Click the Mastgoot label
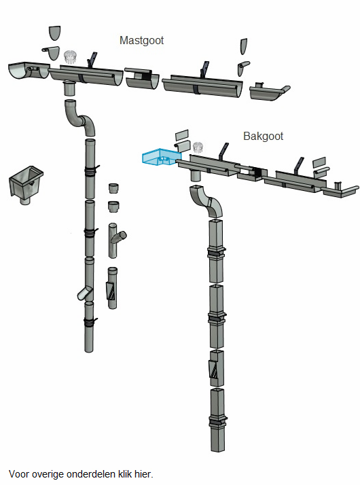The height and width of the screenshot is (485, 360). click(x=141, y=41)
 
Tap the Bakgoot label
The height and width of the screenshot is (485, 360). click(x=263, y=136)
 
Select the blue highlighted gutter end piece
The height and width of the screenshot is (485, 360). click(x=161, y=157)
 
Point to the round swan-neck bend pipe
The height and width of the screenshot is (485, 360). click(x=79, y=118)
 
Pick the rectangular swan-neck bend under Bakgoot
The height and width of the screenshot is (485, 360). click(x=206, y=201)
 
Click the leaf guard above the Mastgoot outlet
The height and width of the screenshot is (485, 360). click(x=70, y=57)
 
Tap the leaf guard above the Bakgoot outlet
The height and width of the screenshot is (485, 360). click(x=198, y=147)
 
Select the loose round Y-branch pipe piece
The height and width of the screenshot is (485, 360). click(x=117, y=240)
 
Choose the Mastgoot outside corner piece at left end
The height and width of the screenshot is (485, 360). click(x=29, y=71)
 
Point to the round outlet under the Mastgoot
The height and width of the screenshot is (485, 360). click(x=70, y=88)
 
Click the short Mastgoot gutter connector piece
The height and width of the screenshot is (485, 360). click(x=142, y=79)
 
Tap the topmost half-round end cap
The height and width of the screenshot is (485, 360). click(x=54, y=33)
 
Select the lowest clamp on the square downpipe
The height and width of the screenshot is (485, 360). click(x=218, y=422)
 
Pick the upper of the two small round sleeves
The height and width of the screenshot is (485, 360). click(x=114, y=188)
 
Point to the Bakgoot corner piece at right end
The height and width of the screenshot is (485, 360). click(x=340, y=190)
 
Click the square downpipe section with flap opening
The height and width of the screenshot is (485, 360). click(x=217, y=368)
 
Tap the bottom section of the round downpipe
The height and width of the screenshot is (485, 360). click(x=89, y=327)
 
